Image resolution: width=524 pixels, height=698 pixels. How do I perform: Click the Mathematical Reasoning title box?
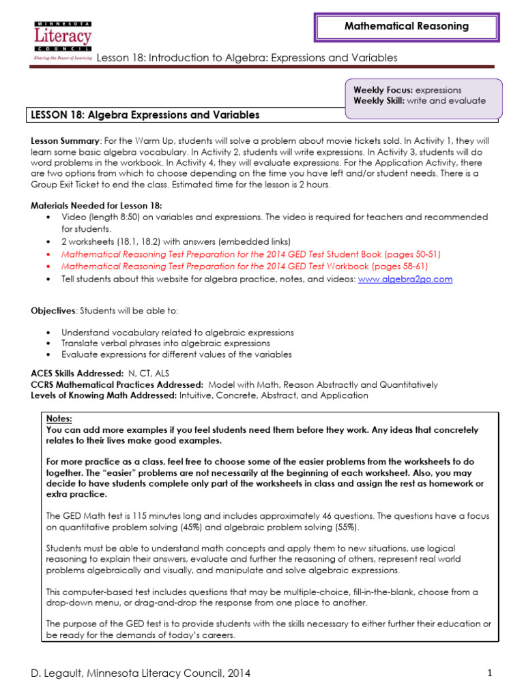406,27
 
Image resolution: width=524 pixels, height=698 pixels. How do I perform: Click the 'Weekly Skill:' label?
379,101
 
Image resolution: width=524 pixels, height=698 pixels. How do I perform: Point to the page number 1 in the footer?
490,673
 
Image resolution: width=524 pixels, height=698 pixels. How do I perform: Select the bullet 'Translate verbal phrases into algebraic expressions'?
166,344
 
